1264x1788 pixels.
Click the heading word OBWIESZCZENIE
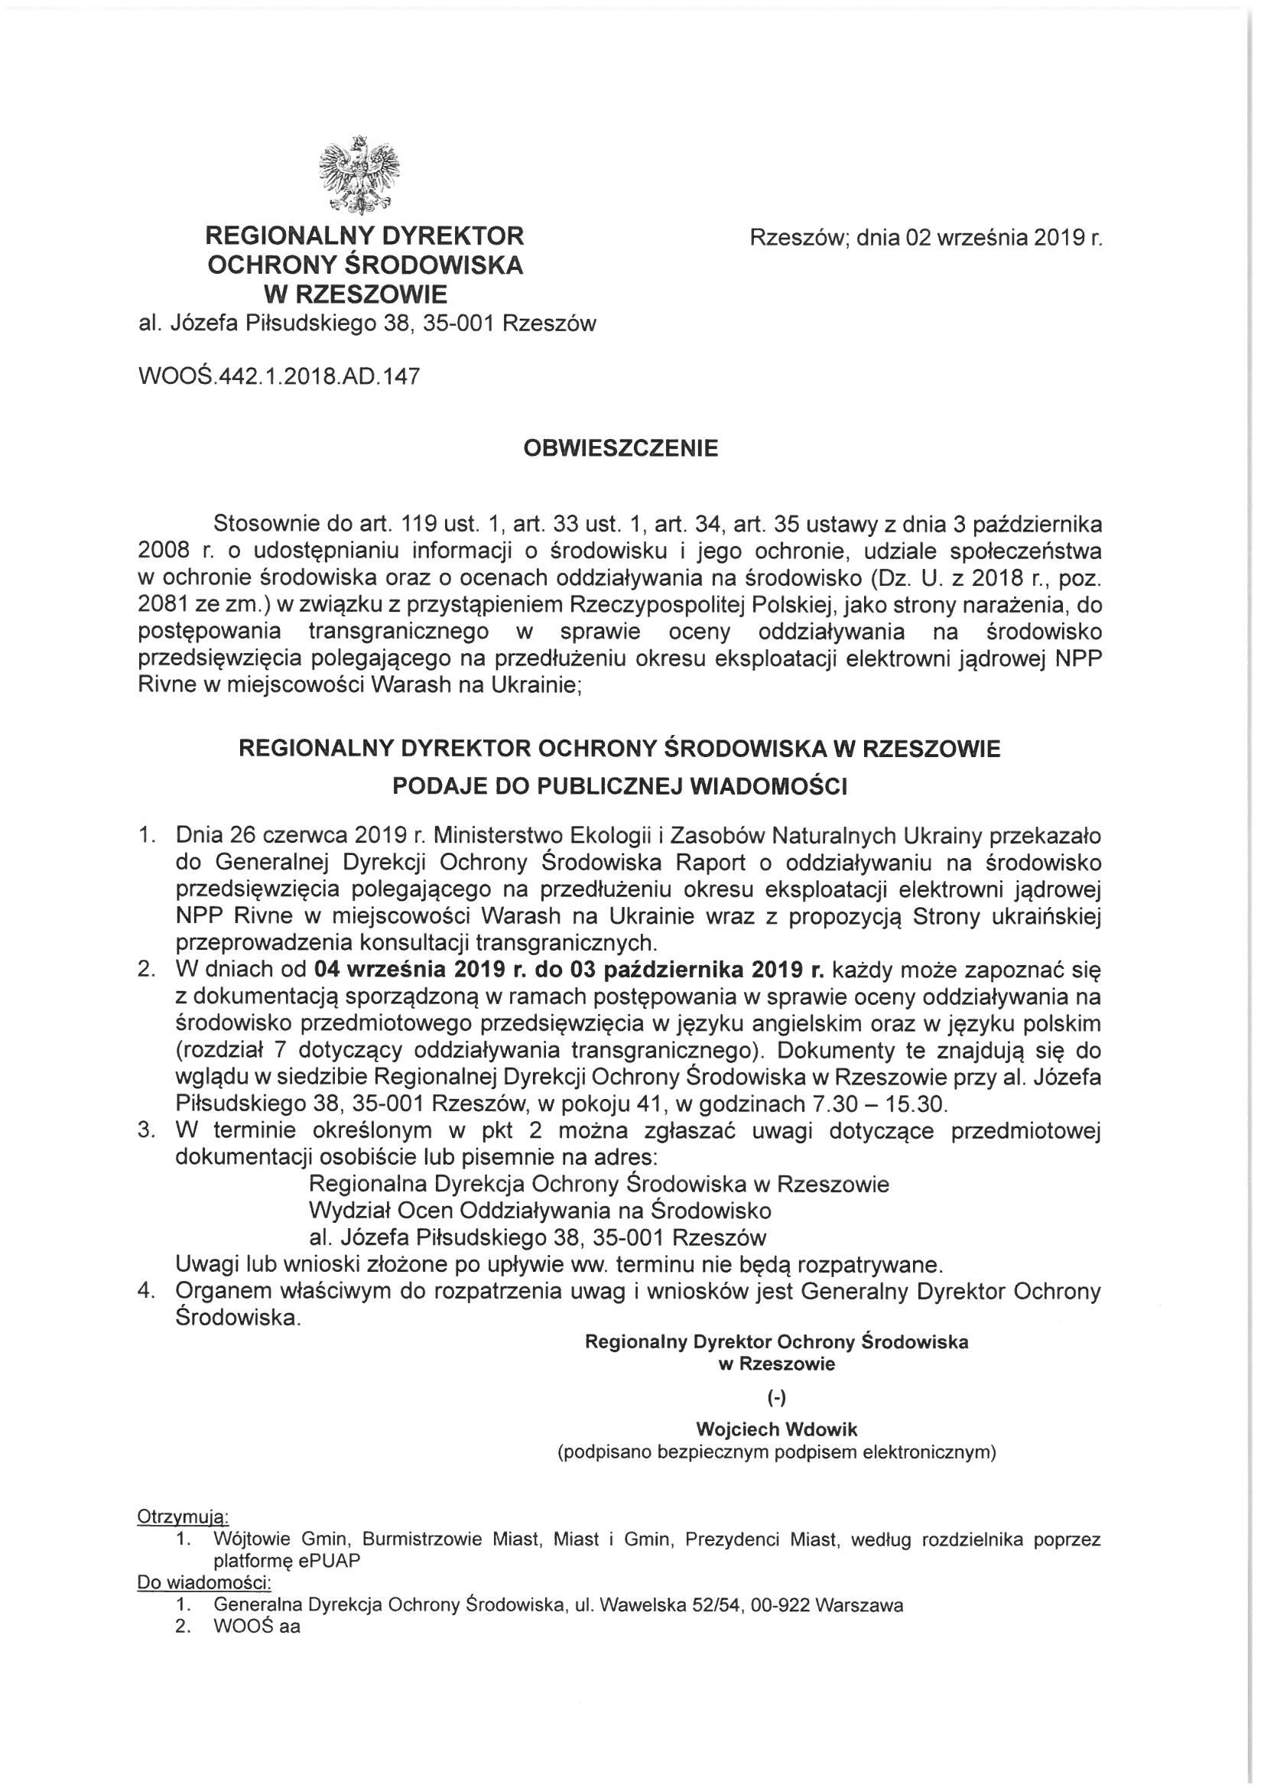[x=621, y=450]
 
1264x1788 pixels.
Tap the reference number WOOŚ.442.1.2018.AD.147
[x=278, y=377]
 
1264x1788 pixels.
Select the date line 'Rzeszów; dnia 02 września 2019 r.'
[x=926, y=239]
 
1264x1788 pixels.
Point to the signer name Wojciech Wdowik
[x=776, y=1430]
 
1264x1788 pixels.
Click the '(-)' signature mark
[x=776, y=1398]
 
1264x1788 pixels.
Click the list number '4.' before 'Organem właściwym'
[x=145, y=1290]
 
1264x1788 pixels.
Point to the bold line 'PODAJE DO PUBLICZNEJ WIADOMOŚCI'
[x=619, y=786]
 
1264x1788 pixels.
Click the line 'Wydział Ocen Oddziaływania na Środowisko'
[x=540, y=1211]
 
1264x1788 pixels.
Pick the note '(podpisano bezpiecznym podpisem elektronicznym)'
[x=776, y=1453]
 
